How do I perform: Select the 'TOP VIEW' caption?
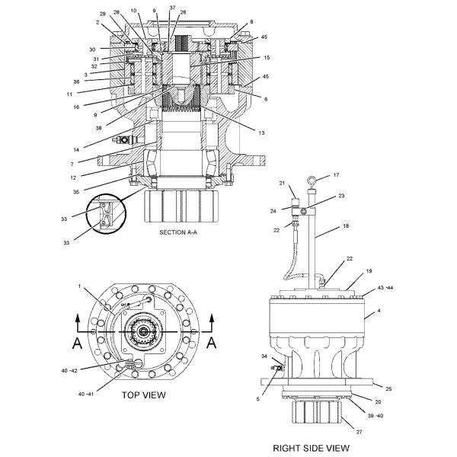pyautogui.click(x=143, y=395)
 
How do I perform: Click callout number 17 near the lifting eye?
pyautogui.click(x=336, y=175)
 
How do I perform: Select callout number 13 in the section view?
pyautogui.click(x=261, y=133)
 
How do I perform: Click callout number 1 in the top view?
pyautogui.click(x=79, y=286)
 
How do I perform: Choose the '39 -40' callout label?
pyautogui.click(x=376, y=416)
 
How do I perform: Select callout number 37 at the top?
pyautogui.click(x=172, y=8)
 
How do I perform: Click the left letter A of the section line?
pyautogui.click(x=77, y=343)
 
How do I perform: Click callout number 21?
pyautogui.click(x=280, y=184)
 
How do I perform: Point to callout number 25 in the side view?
pyautogui.click(x=388, y=389)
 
